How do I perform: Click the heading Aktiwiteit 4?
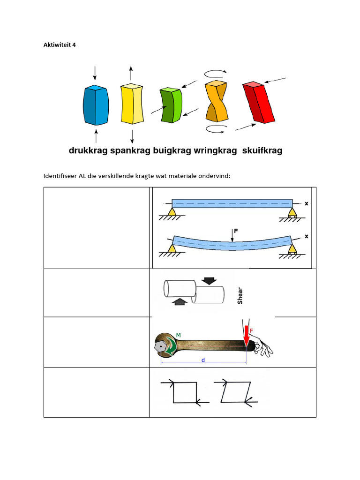60,45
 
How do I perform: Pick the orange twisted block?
216,101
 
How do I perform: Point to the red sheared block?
258,102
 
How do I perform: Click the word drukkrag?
88,151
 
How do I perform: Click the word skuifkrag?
262,151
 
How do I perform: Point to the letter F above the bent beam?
236,231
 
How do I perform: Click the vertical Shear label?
240,295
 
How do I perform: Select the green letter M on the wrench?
178,335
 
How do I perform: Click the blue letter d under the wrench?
203,360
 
